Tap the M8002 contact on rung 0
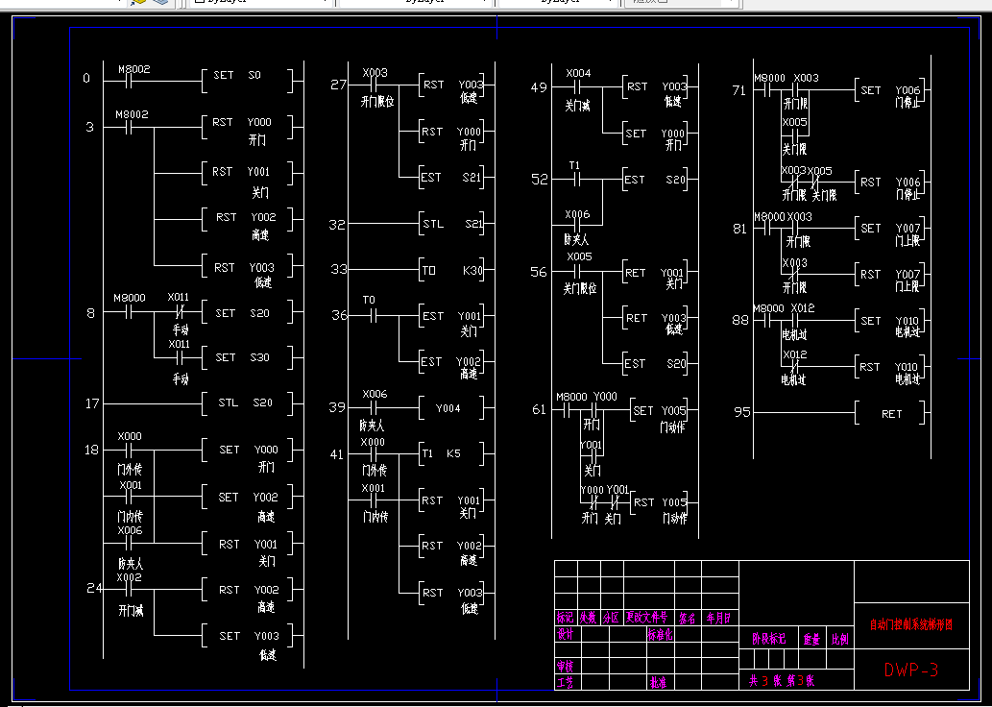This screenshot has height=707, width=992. [x=133, y=77]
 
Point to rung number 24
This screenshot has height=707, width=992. [x=93, y=588]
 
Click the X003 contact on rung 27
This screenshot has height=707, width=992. [x=375, y=85]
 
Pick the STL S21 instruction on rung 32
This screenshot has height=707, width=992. [x=453, y=225]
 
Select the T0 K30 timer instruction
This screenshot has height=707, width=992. [x=453, y=271]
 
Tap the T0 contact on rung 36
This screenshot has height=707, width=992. [x=369, y=315]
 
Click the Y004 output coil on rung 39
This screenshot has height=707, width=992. [x=452, y=408]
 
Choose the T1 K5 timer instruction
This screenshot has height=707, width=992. [x=452, y=453]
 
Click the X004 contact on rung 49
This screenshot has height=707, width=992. [x=578, y=87]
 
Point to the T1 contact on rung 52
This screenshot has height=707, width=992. [x=574, y=180]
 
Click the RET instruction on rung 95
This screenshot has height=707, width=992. [x=892, y=414]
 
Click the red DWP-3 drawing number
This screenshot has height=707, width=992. [x=911, y=670]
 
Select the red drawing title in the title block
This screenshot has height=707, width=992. [x=911, y=624]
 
